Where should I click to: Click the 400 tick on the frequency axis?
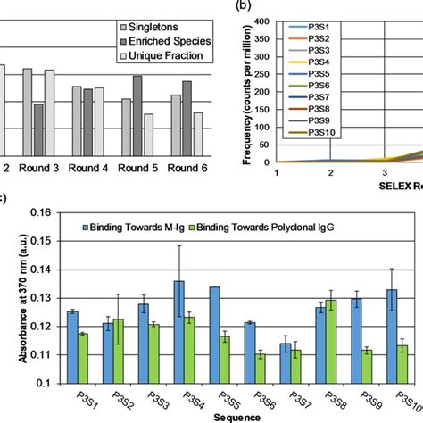(266, 20)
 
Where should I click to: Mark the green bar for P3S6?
(260, 368)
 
